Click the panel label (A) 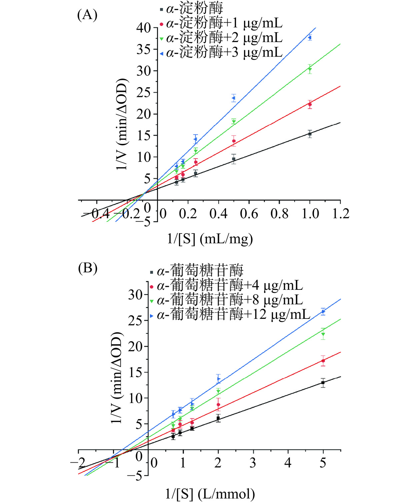(87, 15)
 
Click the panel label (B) (87, 268)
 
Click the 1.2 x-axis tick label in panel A (341, 214)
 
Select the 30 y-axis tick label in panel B (135, 295)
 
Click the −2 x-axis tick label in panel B (77, 463)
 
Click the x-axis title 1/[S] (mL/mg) (210, 239)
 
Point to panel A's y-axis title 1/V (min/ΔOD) (122, 124)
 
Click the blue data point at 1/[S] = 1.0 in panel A (310, 38)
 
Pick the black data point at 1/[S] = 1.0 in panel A (310, 134)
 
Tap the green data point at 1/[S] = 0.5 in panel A (234, 122)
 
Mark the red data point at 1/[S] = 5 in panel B (323, 361)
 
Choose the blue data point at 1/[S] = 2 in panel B (219, 378)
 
